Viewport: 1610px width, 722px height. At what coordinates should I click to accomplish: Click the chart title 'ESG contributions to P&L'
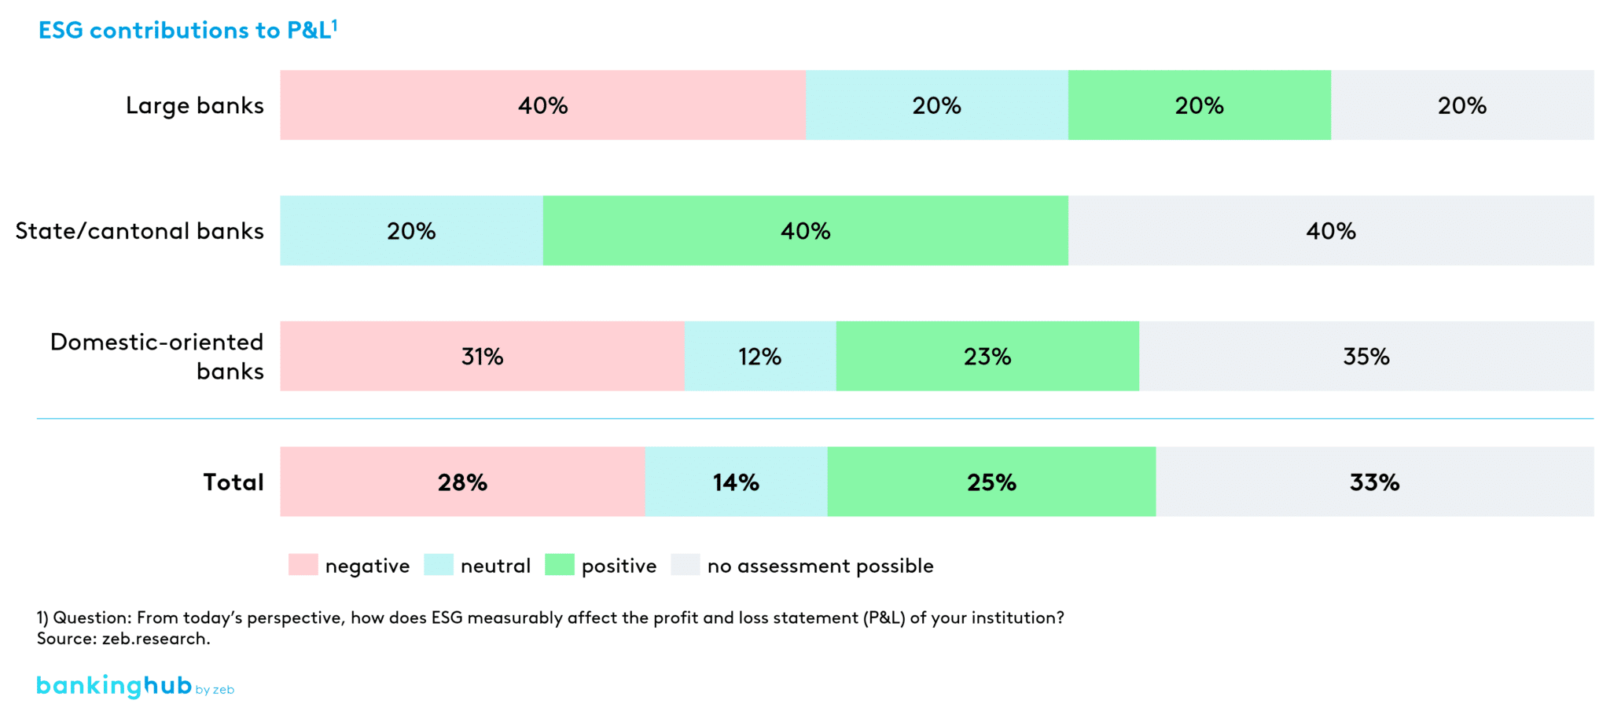click(x=187, y=30)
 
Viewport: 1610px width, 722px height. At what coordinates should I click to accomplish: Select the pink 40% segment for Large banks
click(x=542, y=105)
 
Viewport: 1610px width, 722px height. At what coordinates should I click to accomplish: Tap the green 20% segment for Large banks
click(x=1199, y=105)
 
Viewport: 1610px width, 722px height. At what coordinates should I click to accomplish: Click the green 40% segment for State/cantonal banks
click(x=805, y=231)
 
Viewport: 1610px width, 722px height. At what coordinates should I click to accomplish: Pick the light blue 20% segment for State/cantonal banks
click(x=411, y=231)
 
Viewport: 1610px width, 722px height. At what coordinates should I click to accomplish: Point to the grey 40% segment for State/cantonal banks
click(x=1330, y=231)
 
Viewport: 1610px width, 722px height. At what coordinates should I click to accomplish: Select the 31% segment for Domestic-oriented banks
click(x=482, y=357)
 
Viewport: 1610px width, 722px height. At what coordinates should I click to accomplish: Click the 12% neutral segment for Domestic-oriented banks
click(x=759, y=357)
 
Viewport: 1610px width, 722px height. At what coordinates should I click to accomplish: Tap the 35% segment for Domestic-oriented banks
click(x=1366, y=357)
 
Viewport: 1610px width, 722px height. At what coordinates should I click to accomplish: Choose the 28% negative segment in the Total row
click(x=462, y=482)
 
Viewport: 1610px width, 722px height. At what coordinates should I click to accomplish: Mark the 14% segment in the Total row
click(x=736, y=482)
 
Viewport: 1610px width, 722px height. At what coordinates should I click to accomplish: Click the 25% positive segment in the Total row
click(x=991, y=482)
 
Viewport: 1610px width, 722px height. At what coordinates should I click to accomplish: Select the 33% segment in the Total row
click(x=1374, y=482)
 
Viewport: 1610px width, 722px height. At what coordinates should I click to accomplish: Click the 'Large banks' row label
click(x=194, y=105)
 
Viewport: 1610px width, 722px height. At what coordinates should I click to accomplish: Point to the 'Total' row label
click(x=233, y=482)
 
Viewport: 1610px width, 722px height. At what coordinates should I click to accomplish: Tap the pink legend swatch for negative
click(x=303, y=565)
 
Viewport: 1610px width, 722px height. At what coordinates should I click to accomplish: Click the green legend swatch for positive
click(x=559, y=565)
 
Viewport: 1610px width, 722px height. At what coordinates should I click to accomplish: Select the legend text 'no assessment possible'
click(x=820, y=566)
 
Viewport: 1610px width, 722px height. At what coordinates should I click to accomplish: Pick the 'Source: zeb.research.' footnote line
click(x=123, y=639)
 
